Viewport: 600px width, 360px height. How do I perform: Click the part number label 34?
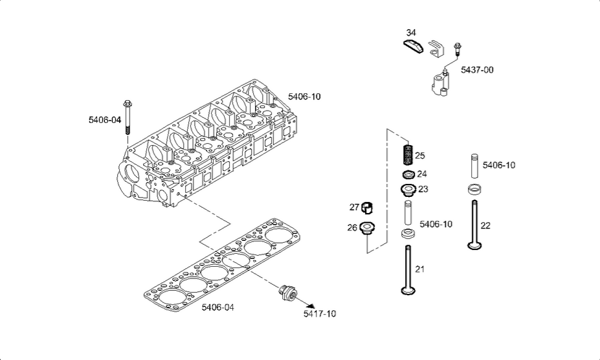412,33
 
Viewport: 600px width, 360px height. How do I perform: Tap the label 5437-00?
477,70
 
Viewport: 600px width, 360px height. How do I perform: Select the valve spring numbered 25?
408,156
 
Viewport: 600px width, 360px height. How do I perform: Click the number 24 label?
422,174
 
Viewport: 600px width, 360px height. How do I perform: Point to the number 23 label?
423,189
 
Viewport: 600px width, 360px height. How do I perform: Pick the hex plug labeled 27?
367,208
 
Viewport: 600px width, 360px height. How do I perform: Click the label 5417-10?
320,314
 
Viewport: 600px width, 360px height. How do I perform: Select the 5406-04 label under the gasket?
217,307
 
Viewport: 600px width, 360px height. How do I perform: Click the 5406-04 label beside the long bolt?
105,119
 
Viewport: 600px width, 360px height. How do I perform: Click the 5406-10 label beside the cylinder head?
304,96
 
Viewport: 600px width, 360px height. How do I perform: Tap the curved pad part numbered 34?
412,45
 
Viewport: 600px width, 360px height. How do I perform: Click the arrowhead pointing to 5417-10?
312,304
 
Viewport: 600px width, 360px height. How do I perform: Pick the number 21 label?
420,269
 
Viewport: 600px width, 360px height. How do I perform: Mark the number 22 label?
485,225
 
